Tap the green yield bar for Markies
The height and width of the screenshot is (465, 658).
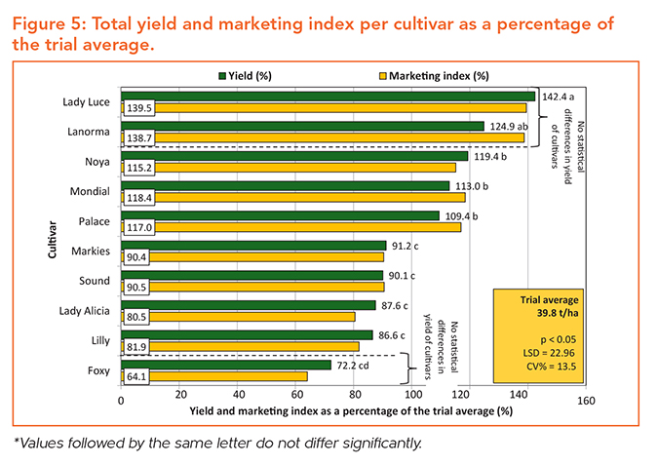(253, 246)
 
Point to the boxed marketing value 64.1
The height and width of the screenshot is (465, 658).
(135, 376)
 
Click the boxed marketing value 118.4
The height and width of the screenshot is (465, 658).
(135, 198)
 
